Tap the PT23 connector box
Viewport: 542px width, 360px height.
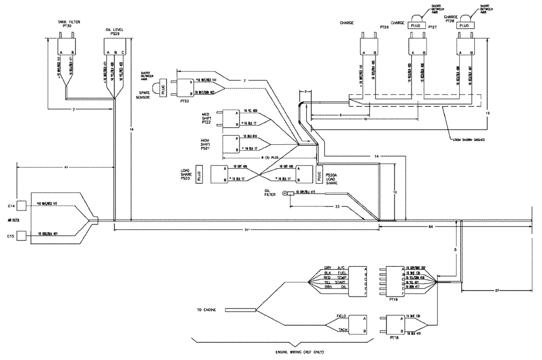(x=186, y=86)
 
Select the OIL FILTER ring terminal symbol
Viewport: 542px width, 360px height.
(x=285, y=193)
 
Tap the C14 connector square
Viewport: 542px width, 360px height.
(x=22, y=205)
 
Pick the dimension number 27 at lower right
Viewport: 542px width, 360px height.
(x=497, y=291)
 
